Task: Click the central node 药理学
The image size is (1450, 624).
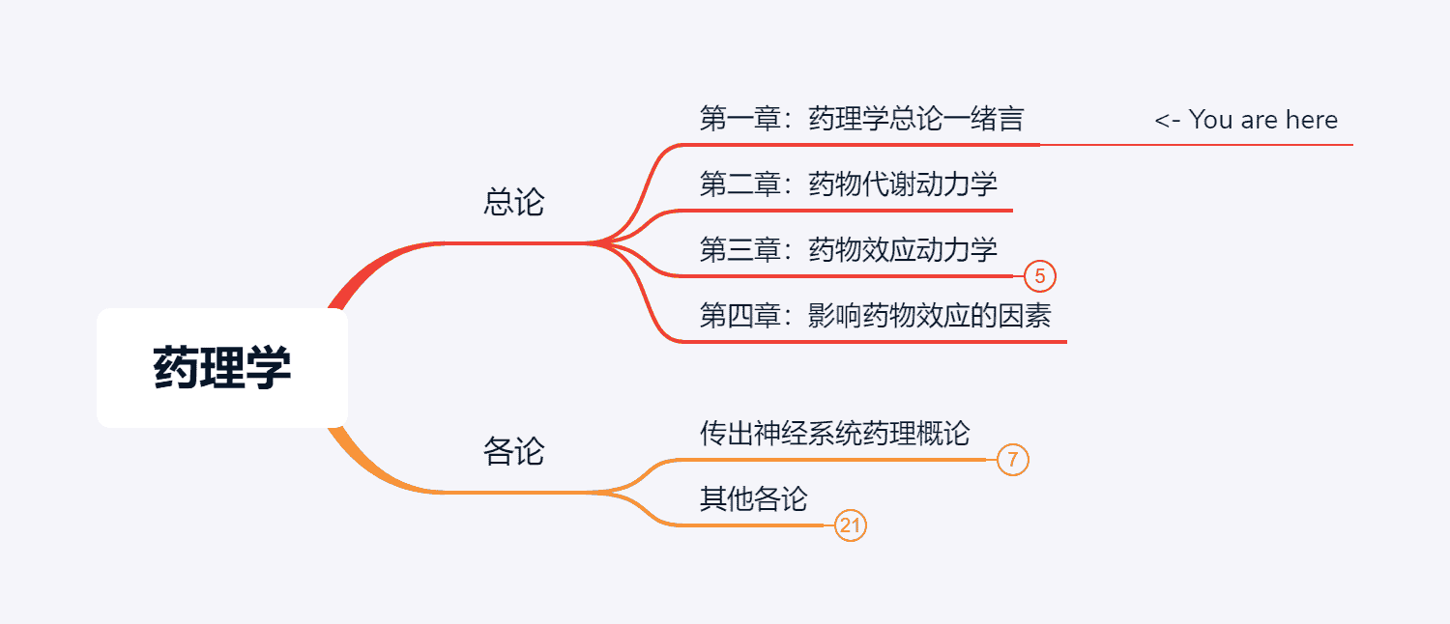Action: click(x=222, y=368)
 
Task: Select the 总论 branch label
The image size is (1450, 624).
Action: click(x=513, y=203)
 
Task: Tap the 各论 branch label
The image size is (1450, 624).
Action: click(x=513, y=451)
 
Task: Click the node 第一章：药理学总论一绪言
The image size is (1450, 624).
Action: click(x=860, y=120)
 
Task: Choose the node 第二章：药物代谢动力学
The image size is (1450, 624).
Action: click(x=848, y=184)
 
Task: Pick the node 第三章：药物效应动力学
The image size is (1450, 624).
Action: click(x=848, y=250)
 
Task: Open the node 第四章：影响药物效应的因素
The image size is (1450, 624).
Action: click(x=875, y=316)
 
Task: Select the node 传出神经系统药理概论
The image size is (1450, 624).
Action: click(x=834, y=434)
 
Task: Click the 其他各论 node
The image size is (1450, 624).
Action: click(x=753, y=499)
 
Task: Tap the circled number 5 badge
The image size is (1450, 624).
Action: click(x=1039, y=277)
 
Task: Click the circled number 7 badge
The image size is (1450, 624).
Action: click(x=1012, y=460)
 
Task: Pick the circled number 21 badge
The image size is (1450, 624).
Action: click(x=850, y=525)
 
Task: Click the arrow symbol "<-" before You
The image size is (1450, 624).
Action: click(x=1167, y=121)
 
